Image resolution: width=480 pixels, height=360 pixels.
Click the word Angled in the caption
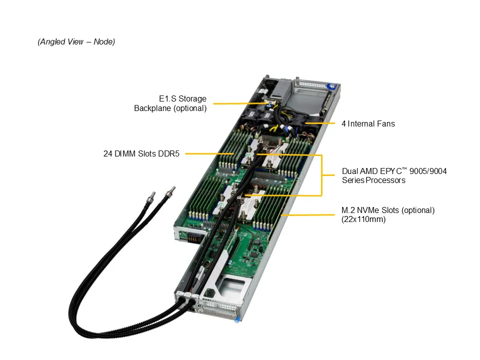[x=53, y=42]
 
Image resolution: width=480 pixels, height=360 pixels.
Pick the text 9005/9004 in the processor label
[x=428, y=171]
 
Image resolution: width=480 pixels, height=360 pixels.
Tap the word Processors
[x=385, y=180]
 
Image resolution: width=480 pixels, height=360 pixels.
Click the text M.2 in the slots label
[x=349, y=210]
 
